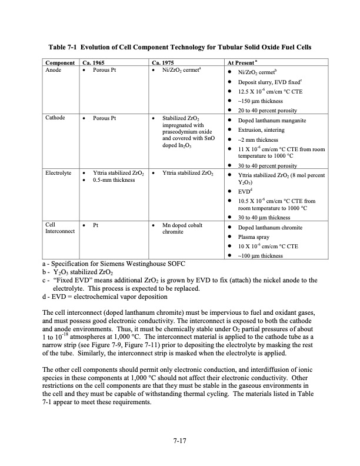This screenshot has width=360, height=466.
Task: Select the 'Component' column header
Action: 60,62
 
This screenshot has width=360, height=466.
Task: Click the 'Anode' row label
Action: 55,70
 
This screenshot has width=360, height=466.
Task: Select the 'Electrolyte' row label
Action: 59,173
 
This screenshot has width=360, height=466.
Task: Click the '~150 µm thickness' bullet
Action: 263,101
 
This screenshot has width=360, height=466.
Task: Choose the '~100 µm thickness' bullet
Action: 263,255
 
